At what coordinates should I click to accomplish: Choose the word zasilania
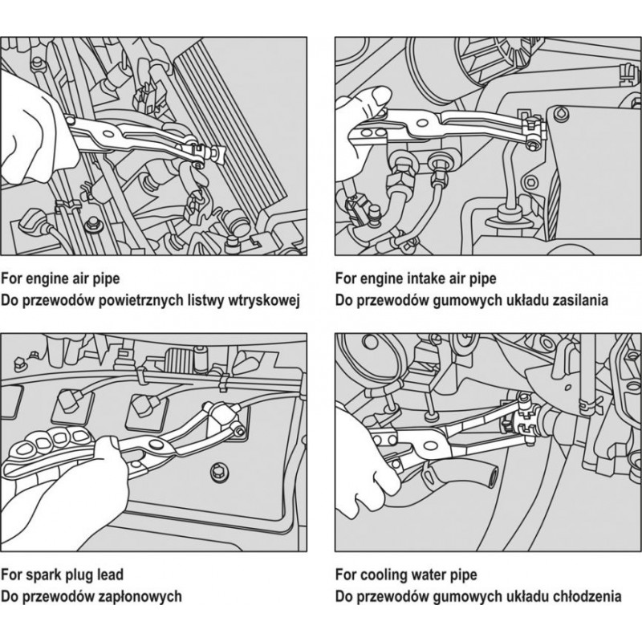[x=572, y=300]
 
